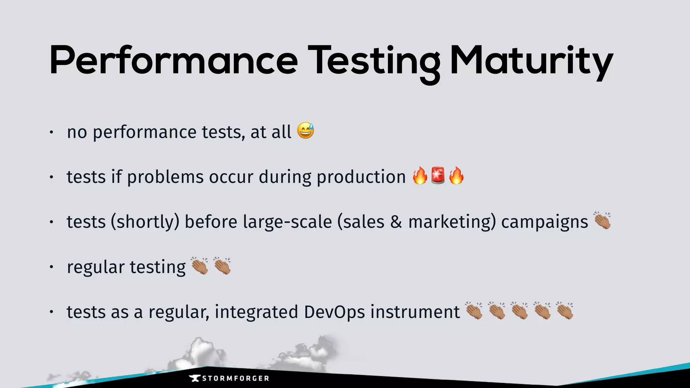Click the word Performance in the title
tap(174, 61)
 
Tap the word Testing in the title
tap(374, 62)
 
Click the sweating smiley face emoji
tap(306, 131)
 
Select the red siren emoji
tap(438, 175)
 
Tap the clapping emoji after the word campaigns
tap(602, 221)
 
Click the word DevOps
tap(334, 312)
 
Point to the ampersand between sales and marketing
tap(396, 222)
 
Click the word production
tap(361, 177)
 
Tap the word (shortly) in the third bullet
tap(145, 222)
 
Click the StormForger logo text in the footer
tap(236, 379)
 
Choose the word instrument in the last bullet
tap(415, 312)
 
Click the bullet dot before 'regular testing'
tap(51, 267)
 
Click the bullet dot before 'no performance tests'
tap(51, 132)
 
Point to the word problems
tap(165, 177)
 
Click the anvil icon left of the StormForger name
tap(195, 378)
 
